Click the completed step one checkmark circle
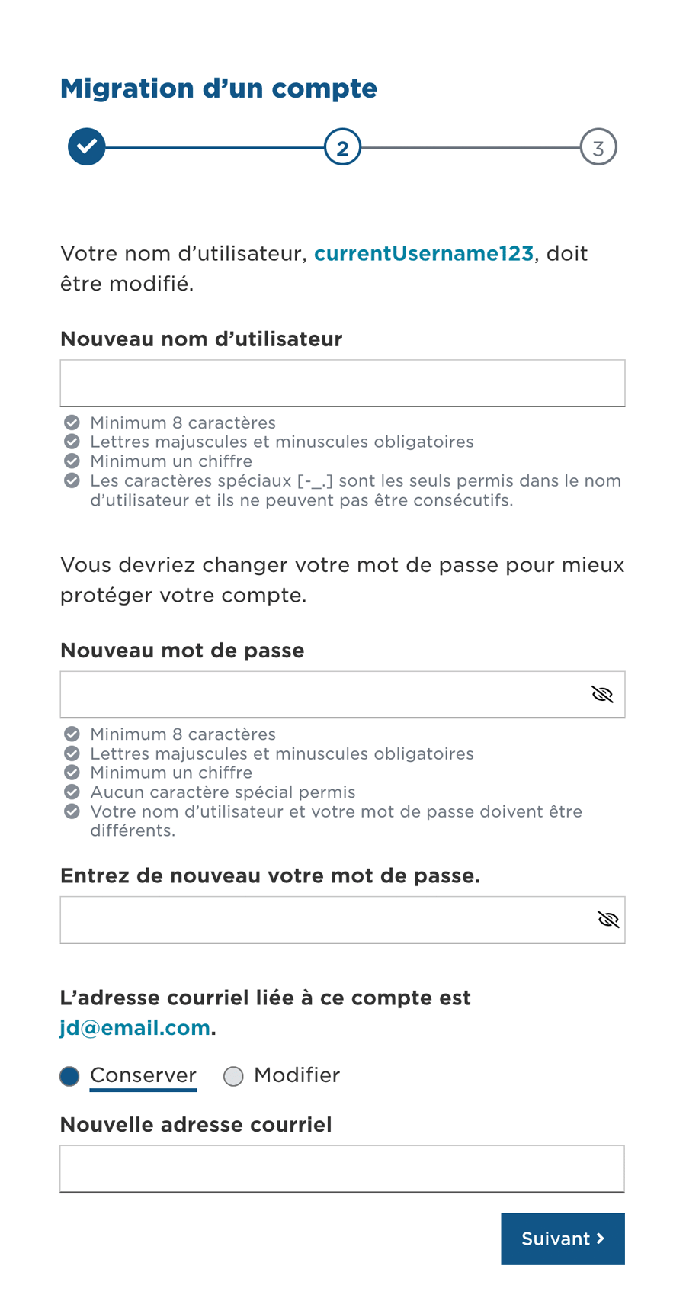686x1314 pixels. pyautogui.click(x=87, y=146)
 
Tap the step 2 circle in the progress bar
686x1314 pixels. pyautogui.click(x=342, y=147)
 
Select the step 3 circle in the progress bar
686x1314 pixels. pyautogui.click(x=598, y=147)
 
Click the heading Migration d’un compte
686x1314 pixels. pyautogui.click(x=219, y=88)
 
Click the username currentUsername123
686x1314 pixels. pyautogui.click(x=423, y=253)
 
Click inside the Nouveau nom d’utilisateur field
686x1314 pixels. pyautogui.click(x=342, y=383)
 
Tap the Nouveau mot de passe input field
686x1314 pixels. pyautogui.click(x=320, y=694)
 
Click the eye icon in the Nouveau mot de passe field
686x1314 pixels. pyautogui.click(x=602, y=694)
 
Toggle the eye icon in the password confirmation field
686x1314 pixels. pyautogui.click(x=608, y=920)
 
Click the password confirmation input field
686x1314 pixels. pyautogui.click(x=320, y=920)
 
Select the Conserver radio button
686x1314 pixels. pyautogui.click(x=70, y=1076)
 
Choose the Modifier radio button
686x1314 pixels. pyautogui.click(x=233, y=1076)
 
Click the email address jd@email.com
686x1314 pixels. pyautogui.click(x=135, y=1028)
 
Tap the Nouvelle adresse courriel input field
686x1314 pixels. pyautogui.click(x=342, y=1168)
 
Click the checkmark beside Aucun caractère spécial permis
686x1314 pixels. pyautogui.click(x=72, y=792)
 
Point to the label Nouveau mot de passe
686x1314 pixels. pyautogui.click(x=182, y=651)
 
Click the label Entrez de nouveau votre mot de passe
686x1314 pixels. pyautogui.click(x=270, y=875)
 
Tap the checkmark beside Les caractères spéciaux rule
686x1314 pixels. pyautogui.click(x=72, y=480)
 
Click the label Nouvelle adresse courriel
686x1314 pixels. pyautogui.click(x=196, y=1125)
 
